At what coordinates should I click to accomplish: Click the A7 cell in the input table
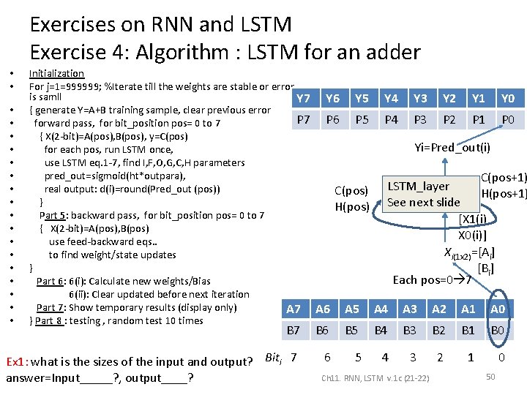294,309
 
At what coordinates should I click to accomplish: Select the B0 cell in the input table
498,331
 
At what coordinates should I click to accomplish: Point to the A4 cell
381,309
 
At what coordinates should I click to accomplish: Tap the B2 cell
439,331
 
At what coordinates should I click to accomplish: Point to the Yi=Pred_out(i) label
452,148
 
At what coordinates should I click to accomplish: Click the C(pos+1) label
503,178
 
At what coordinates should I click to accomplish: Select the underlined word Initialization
56,73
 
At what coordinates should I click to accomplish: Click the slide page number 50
491,376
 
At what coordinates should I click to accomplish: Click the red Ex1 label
17,361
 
